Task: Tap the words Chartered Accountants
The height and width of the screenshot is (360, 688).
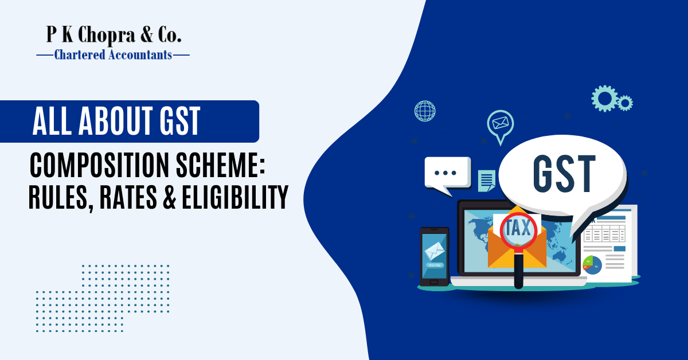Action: click(x=112, y=55)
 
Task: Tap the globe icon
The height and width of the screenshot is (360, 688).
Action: click(x=425, y=111)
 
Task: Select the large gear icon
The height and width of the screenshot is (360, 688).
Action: click(x=604, y=98)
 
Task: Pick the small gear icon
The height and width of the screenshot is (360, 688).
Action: click(x=625, y=103)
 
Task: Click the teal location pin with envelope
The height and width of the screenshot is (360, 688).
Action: click(x=499, y=124)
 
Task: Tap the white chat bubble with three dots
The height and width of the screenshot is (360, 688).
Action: click(x=447, y=172)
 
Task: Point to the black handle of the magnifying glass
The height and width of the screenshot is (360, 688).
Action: click(x=519, y=269)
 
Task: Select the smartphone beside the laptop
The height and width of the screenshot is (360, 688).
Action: click(x=434, y=256)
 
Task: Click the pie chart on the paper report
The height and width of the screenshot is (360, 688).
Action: click(x=591, y=264)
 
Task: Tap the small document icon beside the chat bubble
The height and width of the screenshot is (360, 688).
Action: click(x=487, y=180)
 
